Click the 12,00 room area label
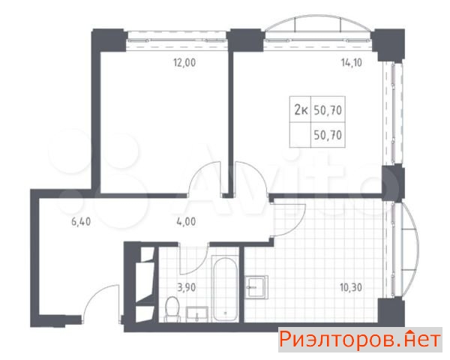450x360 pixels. point(184,62)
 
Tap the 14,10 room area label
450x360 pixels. point(351,62)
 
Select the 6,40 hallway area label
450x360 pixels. point(81,222)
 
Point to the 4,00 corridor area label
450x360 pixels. point(186,222)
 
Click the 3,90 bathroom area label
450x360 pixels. point(186,287)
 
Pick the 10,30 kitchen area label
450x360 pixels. point(351,287)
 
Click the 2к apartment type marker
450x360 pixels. point(301,109)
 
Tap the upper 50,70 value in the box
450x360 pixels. point(328,110)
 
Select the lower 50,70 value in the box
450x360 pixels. point(328,135)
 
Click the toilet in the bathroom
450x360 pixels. point(172,309)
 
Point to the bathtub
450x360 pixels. point(225,289)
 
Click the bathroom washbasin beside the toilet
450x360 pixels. point(197,313)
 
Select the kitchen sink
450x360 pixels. point(256,287)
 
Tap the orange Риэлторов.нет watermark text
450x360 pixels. point(360,340)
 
